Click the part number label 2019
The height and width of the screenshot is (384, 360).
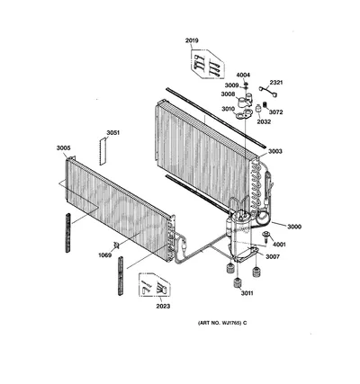click(192, 40)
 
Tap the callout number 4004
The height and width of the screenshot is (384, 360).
click(243, 75)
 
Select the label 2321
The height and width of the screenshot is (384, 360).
click(276, 83)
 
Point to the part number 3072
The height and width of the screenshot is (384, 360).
click(275, 112)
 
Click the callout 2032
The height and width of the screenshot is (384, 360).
click(264, 121)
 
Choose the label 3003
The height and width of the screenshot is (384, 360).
click(275, 151)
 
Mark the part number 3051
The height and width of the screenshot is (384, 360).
click(112, 133)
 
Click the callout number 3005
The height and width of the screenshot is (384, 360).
click(63, 148)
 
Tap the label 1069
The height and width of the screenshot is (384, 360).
click(105, 255)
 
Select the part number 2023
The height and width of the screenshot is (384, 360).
click(163, 306)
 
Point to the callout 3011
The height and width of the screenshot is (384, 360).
click(247, 293)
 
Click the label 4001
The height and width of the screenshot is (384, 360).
click(279, 245)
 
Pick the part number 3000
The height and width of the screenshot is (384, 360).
click(294, 227)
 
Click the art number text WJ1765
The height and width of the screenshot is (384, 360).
click(231, 323)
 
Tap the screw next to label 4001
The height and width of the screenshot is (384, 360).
click(265, 237)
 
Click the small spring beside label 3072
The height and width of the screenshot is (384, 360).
click(265, 105)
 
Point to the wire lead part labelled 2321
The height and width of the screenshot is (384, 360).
click(268, 91)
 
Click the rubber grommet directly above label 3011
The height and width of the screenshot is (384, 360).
click(238, 282)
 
